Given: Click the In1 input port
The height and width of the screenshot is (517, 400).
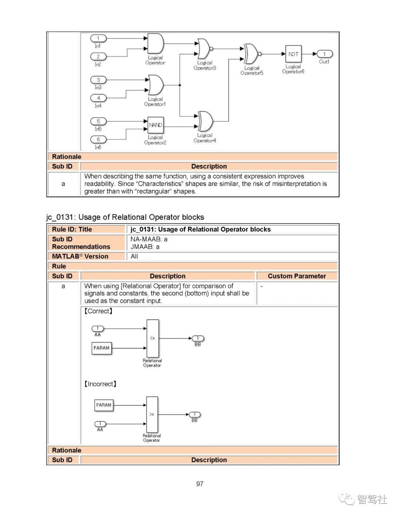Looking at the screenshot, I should tap(98, 38).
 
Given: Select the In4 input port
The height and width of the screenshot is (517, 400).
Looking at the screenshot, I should tap(98, 98).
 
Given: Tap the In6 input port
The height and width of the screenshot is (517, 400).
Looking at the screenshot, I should tap(98, 140).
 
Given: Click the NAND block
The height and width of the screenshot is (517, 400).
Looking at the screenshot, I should tap(156, 125).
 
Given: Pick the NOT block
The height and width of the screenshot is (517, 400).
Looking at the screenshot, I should tap(293, 54).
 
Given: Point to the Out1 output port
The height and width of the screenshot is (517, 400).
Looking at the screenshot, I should tap(324, 54).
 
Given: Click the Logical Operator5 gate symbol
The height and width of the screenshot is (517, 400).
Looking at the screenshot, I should tap(251, 54).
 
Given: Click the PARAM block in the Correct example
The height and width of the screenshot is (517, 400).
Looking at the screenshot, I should tap(101, 348).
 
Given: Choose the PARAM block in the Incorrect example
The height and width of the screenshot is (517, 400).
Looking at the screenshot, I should tap(104, 405).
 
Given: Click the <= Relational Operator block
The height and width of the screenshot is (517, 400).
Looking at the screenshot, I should tap(153, 338).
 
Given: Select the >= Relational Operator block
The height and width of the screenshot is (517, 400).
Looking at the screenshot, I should tap(152, 414).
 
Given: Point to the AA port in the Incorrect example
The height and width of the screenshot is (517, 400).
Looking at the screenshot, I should tap(100, 424).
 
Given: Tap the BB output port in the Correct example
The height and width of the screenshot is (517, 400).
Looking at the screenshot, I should tap(198, 338).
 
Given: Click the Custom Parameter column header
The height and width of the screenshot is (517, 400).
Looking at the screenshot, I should tap(297, 276).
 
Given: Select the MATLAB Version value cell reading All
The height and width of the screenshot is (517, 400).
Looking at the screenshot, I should tap(134, 256).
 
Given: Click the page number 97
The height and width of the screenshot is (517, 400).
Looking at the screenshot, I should tap(200, 484).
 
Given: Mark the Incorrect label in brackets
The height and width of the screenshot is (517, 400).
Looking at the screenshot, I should tap(100, 384).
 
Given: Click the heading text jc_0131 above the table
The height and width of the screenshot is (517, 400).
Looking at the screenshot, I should tap(125, 217).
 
